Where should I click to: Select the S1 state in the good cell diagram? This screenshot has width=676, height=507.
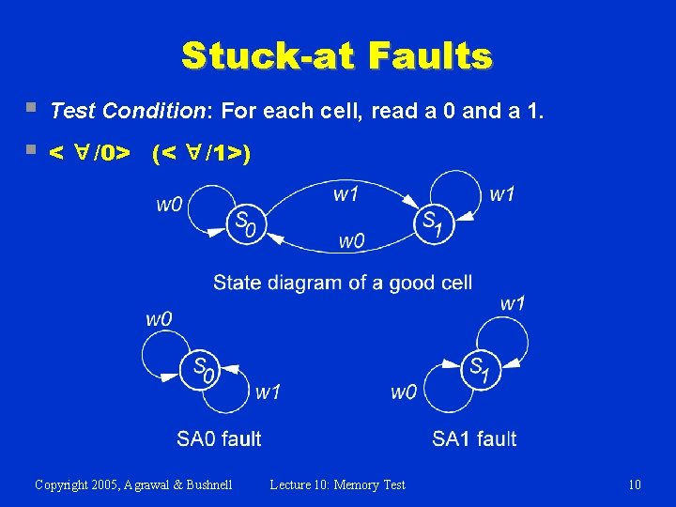[x=434, y=223]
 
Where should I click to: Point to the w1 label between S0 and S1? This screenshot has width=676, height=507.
[x=346, y=194]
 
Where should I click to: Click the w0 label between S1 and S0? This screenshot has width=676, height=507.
[x=351, y=241]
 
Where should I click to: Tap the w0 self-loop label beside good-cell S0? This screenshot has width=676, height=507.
[x=169, y=204]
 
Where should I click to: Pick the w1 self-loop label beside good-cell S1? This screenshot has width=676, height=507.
[x=502, y=194]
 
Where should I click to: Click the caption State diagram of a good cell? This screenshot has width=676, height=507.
[x=343, y=282]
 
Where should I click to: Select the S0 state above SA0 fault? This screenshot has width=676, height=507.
[x=204, y=369]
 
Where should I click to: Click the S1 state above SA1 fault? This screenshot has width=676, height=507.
[x=480, y=368]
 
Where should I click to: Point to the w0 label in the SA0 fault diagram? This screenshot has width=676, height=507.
[x=159, y=319]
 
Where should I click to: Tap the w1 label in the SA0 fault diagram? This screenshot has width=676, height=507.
[x=268, y=392]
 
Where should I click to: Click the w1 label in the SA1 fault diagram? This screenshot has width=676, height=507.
[x=513, y=303]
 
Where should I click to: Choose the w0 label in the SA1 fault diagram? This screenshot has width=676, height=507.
[x=404, y=392]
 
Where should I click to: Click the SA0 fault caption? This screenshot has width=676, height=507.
[x=219, y=438]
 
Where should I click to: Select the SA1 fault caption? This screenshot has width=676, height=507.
[x=474, y=438]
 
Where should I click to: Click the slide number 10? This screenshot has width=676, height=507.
[x=635, y=484]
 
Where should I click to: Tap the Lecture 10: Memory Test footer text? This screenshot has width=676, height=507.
[x=337, y=484]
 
